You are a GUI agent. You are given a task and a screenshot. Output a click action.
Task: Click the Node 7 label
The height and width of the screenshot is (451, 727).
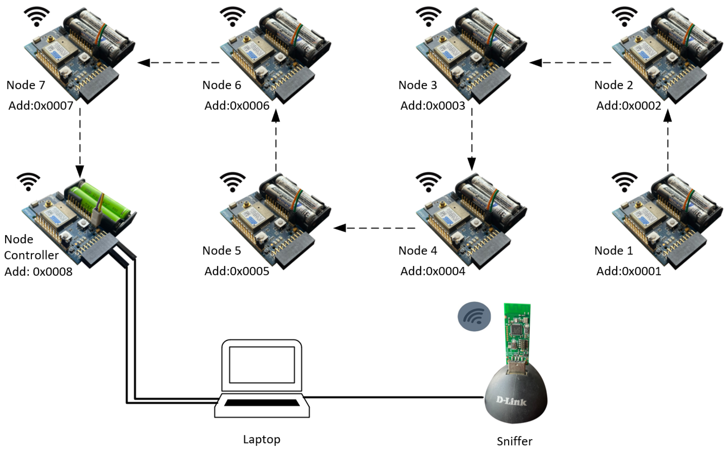[26, 85]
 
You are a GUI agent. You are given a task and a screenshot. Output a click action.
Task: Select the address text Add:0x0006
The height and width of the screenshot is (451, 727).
[237, 106]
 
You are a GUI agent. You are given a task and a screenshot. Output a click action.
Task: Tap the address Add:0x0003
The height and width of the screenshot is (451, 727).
[432, 106]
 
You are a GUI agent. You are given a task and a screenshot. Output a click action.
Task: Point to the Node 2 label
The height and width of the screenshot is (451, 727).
[613, 85]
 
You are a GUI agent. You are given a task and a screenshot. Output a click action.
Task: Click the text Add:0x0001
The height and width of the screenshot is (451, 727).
[628, 271]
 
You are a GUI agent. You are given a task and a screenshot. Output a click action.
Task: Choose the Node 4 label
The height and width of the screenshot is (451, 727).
[417, 251]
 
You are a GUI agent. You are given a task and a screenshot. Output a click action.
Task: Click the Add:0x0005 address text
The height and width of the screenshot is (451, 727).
[237, 271]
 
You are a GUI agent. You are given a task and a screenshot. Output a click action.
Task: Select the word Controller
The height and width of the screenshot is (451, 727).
[31, 255]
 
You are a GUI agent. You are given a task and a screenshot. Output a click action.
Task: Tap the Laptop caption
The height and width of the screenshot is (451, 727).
[262, 439]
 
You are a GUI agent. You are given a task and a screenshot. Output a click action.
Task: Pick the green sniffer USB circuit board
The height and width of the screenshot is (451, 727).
[517, 334]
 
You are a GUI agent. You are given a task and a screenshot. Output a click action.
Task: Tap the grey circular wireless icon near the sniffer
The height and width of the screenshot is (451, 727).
[474, 316]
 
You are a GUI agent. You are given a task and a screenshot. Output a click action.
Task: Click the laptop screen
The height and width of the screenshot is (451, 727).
[262, 364]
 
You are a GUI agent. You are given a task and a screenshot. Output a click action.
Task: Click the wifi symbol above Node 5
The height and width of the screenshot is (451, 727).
[232, 182]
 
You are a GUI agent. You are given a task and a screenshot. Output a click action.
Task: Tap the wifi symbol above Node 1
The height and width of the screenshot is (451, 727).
[624, 182]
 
